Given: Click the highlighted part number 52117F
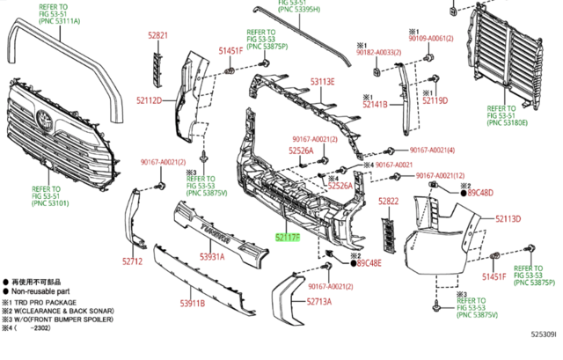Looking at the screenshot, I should tap(287, 237).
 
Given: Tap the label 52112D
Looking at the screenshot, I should tap(147, 100).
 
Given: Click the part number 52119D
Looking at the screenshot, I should tap(435, 100).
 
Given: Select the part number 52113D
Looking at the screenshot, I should tap(508, 218).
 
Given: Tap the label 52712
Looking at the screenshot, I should tap(132, 261).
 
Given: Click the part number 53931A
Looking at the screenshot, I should tap(211, 257).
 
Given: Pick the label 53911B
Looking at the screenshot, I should tap(193, 304).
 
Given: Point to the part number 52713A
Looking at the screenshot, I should tap(319, 301).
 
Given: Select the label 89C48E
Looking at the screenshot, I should tap(369, 262).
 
